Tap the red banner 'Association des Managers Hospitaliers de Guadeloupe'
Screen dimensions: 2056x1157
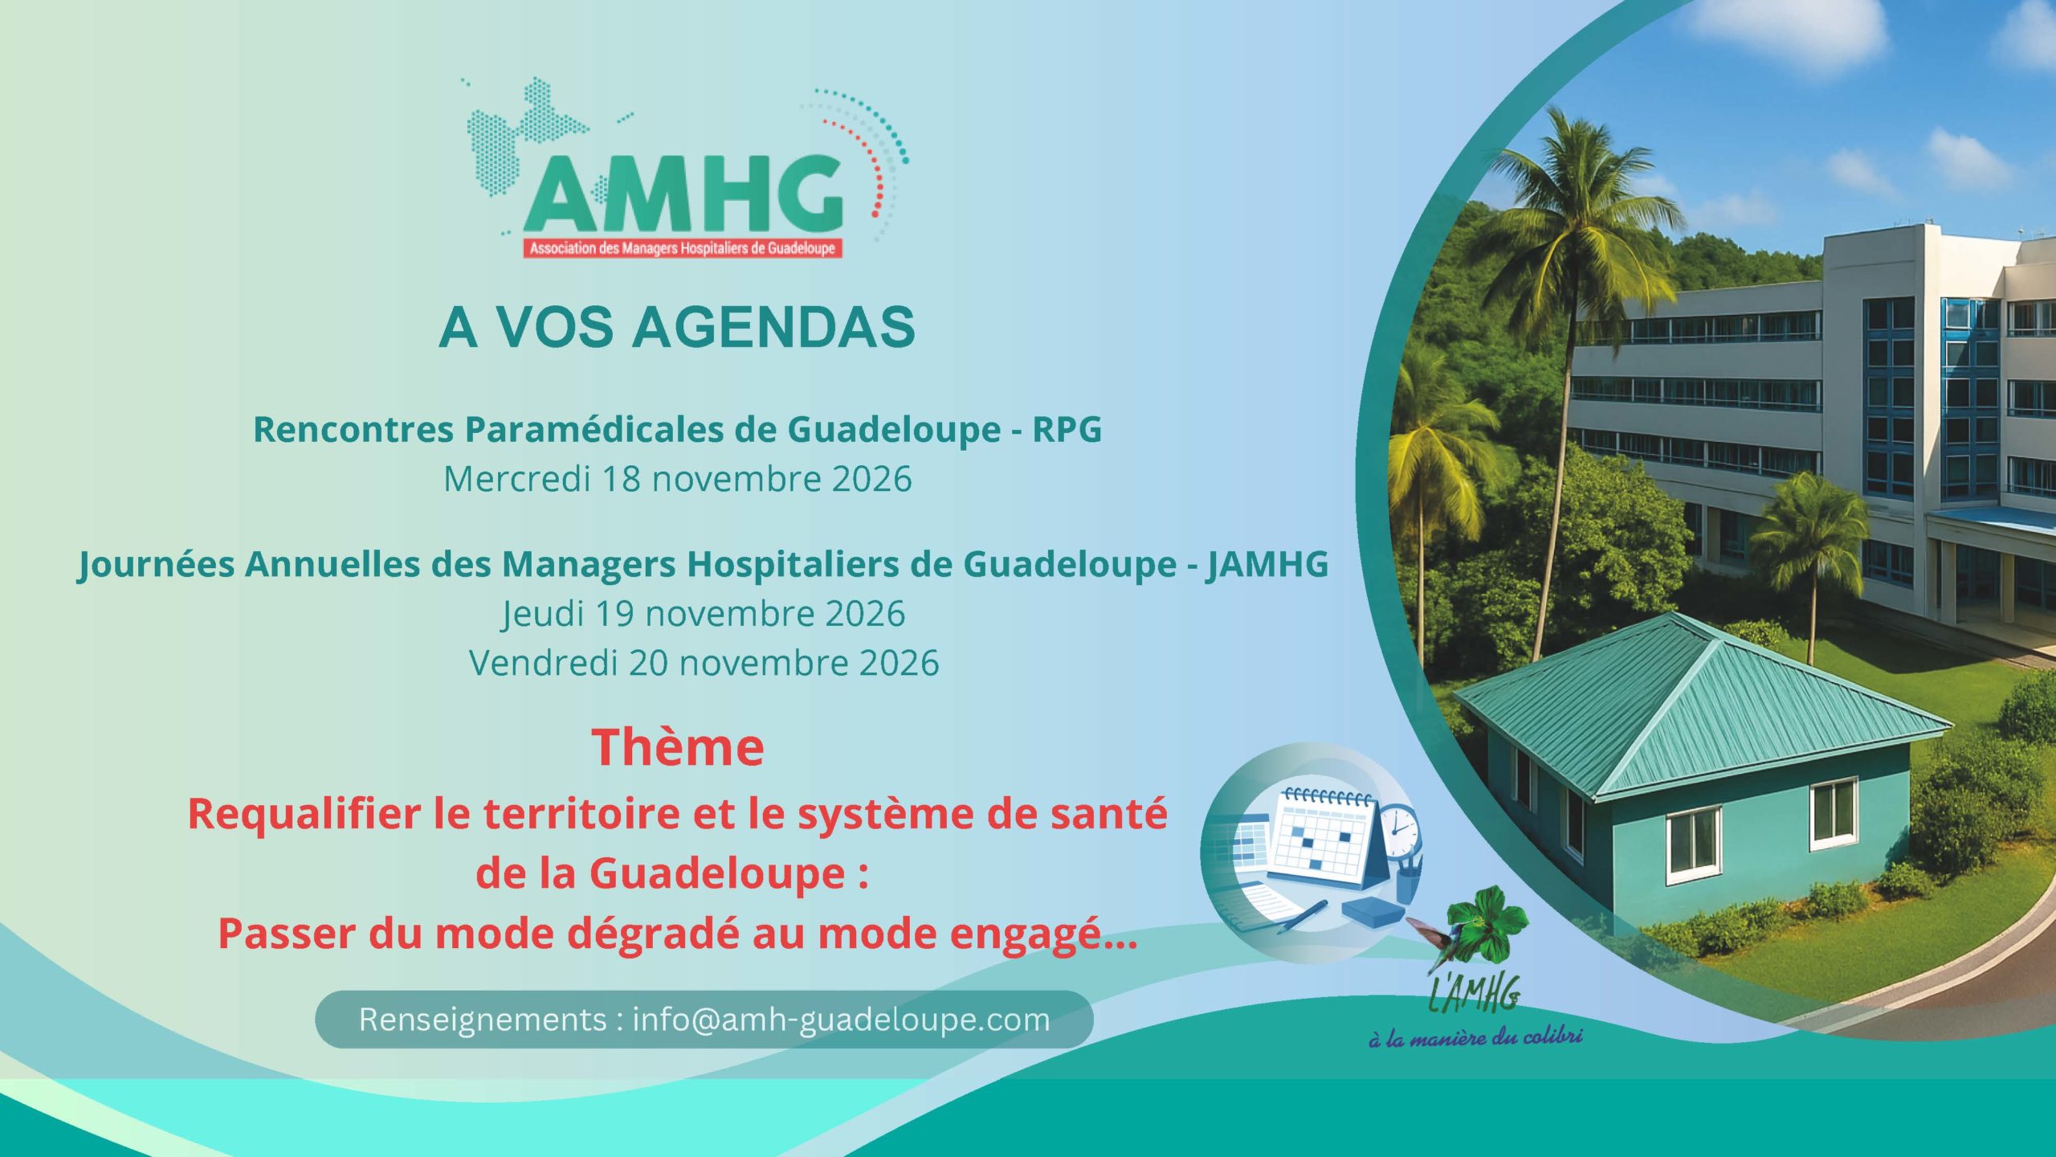click(x=683, y=248)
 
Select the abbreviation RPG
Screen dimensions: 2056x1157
click(x=1067, y=429)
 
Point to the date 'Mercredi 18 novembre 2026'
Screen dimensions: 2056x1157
click(x=678, y=479)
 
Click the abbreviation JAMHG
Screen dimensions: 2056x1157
click(x=1267, y=564)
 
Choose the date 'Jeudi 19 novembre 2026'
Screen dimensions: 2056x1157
click(x=704, y=614)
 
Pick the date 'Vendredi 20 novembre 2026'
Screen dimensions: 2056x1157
click(x=704, y=663)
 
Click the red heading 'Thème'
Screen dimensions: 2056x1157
click(x=678, y=746)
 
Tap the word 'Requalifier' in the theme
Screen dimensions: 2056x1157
click(x=304, y=814)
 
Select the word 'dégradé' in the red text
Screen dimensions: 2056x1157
click(x=652, y=933)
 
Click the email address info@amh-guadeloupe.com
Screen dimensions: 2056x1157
click(x=841, y=1020)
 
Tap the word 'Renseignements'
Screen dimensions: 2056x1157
click(x=483, y=1020)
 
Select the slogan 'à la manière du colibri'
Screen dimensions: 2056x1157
click(x=1475, y=1037)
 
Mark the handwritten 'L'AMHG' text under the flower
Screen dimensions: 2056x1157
click(x=1475, y=993)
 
